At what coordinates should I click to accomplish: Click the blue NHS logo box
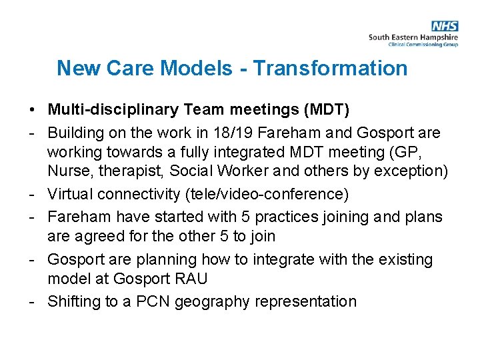pos(445,26)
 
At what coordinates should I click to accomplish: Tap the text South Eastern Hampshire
pos(413,37)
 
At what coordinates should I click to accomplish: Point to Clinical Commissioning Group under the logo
pos(423,45)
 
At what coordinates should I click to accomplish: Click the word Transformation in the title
pos(331,68)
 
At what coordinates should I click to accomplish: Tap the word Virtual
pos(70,194)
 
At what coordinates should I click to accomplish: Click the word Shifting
pos(74,301)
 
